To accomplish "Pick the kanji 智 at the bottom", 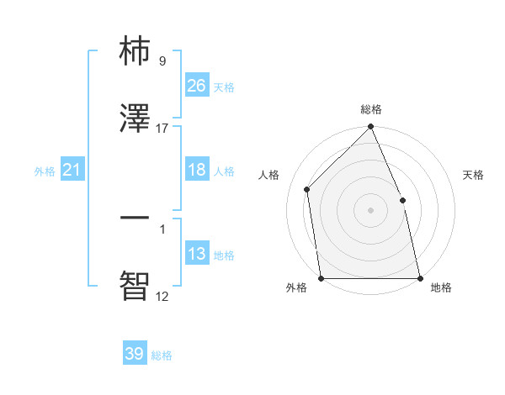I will (x=136, y=284).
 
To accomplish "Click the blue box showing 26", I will (x=197, y=86).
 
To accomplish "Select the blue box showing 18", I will (x=197, y=170).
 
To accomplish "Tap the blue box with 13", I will (x=197, y=254).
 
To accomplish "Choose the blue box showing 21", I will (x=72, y=170).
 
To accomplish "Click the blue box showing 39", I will (x=135, y=354).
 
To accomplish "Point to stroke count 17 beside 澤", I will (x=162, y=129).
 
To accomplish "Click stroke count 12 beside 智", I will (x=162, y=296).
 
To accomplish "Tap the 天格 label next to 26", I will (x=224, y=87).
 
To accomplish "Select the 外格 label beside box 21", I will (x=45, y=171).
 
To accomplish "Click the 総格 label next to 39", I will (x=162, y=355).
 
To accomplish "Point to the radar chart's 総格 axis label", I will (x=370, y=110).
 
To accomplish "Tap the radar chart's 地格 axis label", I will (x=441, y=288).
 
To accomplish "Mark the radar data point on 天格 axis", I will (x=402, y=200).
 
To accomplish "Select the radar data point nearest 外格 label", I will (x=321, y=278).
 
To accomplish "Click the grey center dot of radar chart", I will (x=370, y=210).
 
